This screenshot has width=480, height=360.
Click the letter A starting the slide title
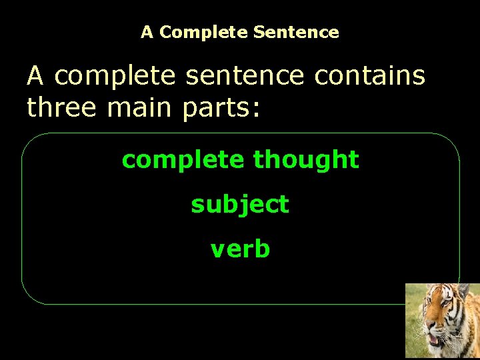coord(147,32)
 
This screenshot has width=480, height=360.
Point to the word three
coord(59,107)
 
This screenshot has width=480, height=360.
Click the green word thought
coord(306,159)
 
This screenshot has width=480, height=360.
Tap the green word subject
coord(240,205)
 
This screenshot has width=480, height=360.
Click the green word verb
coord(240,249)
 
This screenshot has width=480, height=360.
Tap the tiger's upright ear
coord(463,291)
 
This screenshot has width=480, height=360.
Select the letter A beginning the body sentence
coord(36,76)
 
